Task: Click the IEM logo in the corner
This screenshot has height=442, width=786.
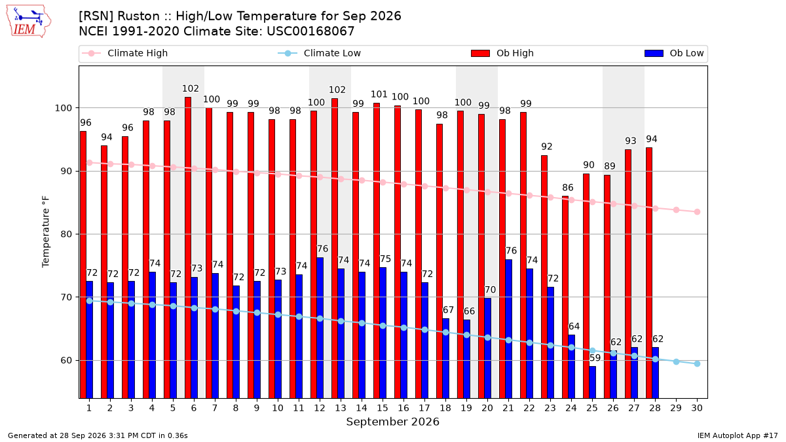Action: click(x=29, y=22)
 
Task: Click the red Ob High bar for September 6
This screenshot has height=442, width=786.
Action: click(x=188, y=248)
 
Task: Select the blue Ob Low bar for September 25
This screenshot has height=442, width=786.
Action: click(x=593, y=382)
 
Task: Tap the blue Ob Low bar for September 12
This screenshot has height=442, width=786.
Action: click(x=320, y=328)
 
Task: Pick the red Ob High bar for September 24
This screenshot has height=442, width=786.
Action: click(x=565, y=297)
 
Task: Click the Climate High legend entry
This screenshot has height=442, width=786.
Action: click(x=124, y=53)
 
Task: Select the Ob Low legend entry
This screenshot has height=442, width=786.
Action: click(x=674, y=53)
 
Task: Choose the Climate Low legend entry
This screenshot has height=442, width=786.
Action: click(x=320, y=53)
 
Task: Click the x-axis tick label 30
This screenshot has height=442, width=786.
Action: click(x=697, y=408)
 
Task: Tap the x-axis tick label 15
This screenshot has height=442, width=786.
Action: click(x=383, y=408)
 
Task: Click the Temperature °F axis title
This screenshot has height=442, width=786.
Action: click(x=46, y=232)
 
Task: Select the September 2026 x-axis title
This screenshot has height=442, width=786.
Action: click(x=392, y=422)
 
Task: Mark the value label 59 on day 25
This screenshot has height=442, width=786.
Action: click(x=595, y=358)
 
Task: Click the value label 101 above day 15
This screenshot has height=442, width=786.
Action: click(x=379, y=94)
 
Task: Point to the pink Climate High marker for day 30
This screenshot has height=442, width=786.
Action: click(x=697, y=212)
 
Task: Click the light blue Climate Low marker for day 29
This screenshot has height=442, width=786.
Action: click(x=676, y=361)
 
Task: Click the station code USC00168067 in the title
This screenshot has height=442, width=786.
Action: click(x=310, y=31)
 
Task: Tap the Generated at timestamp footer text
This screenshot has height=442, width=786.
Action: click(x=98, y=435)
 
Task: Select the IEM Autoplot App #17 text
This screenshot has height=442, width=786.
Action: click(x=738, y=435)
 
